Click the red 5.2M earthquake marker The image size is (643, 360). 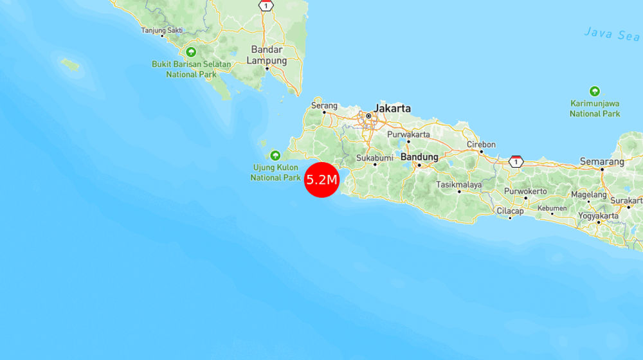321,179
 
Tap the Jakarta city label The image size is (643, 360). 392,109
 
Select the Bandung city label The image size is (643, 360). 419,157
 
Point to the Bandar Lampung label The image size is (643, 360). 267,55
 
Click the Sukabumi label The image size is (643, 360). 375,157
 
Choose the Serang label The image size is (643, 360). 324,105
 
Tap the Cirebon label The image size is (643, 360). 481,145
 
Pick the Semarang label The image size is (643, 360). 602,161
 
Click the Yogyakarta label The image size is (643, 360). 598,216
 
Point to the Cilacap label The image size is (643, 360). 510,211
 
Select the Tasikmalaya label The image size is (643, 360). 459,184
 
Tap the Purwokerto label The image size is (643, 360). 525,191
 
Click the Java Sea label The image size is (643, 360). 611,33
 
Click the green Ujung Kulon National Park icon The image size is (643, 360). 275,155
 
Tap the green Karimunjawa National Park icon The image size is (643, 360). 595,91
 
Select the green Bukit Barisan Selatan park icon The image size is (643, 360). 191,52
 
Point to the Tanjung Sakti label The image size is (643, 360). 162,30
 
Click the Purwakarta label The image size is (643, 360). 408,134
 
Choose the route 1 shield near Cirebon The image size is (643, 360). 515,161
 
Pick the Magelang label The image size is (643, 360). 588,195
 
